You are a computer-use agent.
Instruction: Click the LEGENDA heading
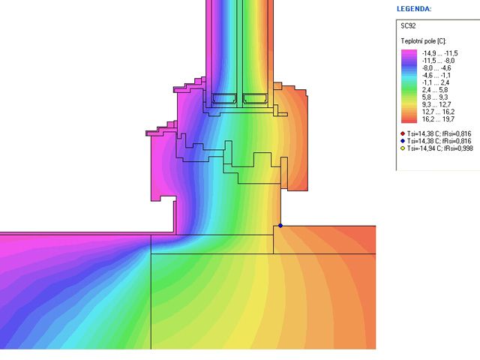[x=414, y=9]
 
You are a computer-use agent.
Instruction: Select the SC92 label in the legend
[x=408, y=26]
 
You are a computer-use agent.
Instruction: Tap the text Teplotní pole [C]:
[x=423, y=41]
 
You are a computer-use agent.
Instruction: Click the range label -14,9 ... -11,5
[x=440, y=53]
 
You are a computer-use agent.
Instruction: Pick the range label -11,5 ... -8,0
[x=438, y=61]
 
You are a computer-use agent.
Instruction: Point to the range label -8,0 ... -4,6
[x=436, y=68]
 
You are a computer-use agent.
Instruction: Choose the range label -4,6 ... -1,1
[x=436, y=75]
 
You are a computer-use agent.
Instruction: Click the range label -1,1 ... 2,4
[x=436, y=82]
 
